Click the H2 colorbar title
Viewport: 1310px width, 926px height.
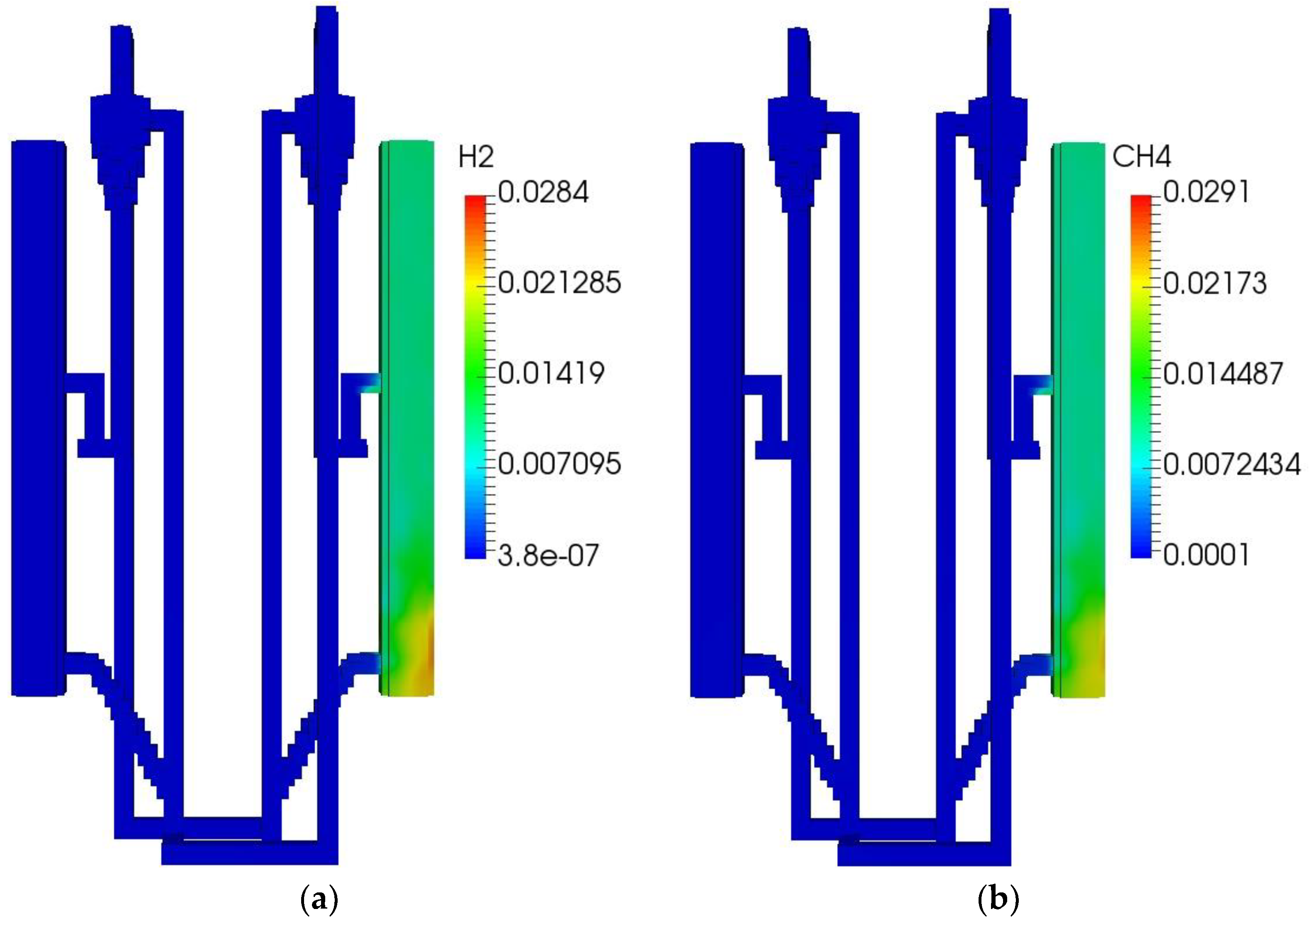tap(475, 157)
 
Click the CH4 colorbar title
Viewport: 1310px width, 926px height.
tap(1141, 157)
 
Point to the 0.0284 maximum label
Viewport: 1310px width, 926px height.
tap(543, 192)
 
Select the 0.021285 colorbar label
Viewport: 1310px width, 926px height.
tap(559, 283)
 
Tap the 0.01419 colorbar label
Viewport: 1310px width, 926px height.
tap(550, 374)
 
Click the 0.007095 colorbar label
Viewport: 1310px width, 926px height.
tap(559, 464)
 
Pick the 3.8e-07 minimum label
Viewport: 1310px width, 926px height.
tap(548, 555)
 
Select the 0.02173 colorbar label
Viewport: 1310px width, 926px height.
tap(1215, 283)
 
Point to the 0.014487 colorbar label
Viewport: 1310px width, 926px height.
tap(1223, 374)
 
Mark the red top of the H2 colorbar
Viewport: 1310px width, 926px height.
tap(475, 201)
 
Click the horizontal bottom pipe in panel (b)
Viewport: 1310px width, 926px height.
tap(924, 855)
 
